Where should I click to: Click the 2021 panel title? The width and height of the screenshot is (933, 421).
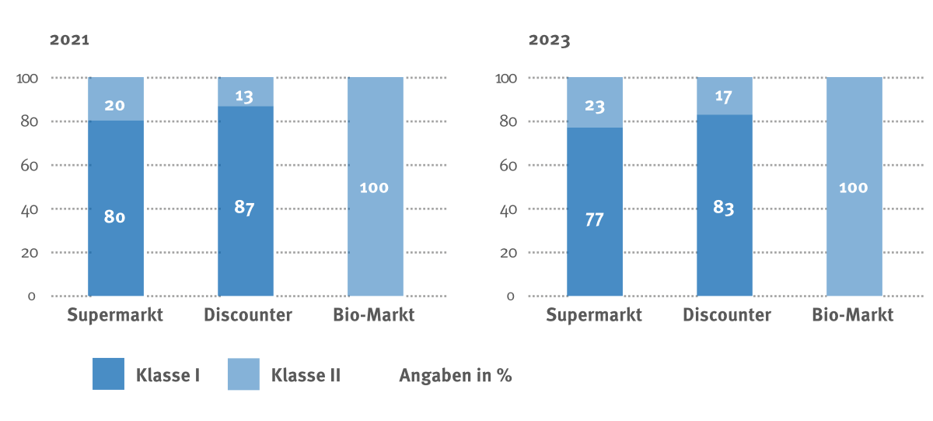pos(70,40)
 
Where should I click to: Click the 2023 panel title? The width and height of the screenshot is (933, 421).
pos(549,40)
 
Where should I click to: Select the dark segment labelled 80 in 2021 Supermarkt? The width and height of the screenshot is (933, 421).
pos(115,209)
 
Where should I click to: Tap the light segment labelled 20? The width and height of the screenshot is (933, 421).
pos(115,100)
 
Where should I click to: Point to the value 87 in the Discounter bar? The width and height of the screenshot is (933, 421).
pos(245,208)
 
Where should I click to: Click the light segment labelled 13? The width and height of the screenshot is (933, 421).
pos(245,92)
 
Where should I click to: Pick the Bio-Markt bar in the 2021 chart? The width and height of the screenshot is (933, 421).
pos(375,187)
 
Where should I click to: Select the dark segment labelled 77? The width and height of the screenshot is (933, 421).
pos(595,212)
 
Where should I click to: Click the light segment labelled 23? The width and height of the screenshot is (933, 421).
pos(595,103)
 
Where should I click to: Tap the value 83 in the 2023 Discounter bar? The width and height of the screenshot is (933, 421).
pos(724,208)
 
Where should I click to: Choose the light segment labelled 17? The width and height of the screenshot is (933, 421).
pos(724,96)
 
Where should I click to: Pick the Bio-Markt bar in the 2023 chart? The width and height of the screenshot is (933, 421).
pos(854,187)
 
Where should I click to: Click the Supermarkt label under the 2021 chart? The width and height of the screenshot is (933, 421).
pos(115,315)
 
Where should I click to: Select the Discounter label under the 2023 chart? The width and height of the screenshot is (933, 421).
pos(727,315)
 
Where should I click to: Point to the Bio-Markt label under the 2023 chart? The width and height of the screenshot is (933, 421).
pos(853,315)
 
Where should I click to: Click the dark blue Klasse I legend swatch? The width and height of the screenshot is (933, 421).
pos(108,374)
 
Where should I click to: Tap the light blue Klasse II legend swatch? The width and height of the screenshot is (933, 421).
pos(243,374)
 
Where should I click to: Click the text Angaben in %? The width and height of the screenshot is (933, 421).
pos(456,375)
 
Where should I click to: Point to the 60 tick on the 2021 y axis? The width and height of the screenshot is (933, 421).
pos(29,166)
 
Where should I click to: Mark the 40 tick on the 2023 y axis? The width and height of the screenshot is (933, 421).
pos(508,209)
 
